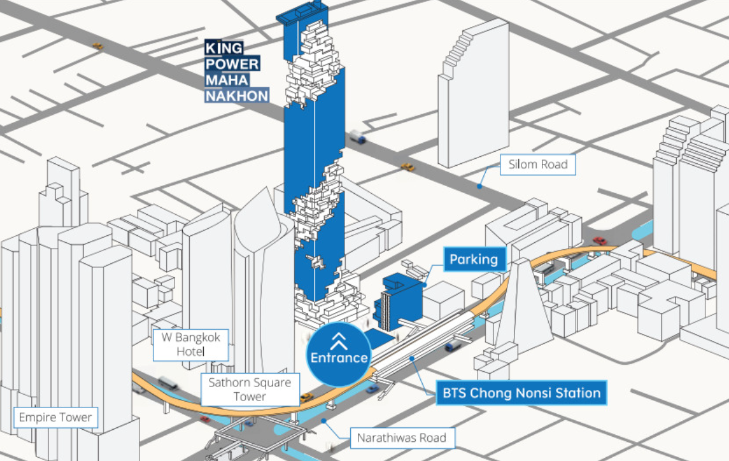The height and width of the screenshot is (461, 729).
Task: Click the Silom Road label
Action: tap(538, 165)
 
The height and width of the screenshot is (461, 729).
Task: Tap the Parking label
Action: tap(474, 260)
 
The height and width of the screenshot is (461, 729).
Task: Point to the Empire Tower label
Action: tap(55, 418)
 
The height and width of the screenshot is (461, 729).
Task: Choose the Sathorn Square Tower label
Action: tap(250, 390)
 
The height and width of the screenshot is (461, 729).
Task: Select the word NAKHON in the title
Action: tap(237, 96)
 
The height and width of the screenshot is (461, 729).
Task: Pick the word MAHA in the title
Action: tap(227, 80)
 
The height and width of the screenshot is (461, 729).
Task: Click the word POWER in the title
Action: tap(232, 64)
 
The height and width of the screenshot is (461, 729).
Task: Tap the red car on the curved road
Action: tap(599, 241)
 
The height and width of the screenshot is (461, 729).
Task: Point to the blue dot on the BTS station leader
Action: tap(413, 359)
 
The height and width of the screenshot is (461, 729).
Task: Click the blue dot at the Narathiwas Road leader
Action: tap(325, 420)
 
